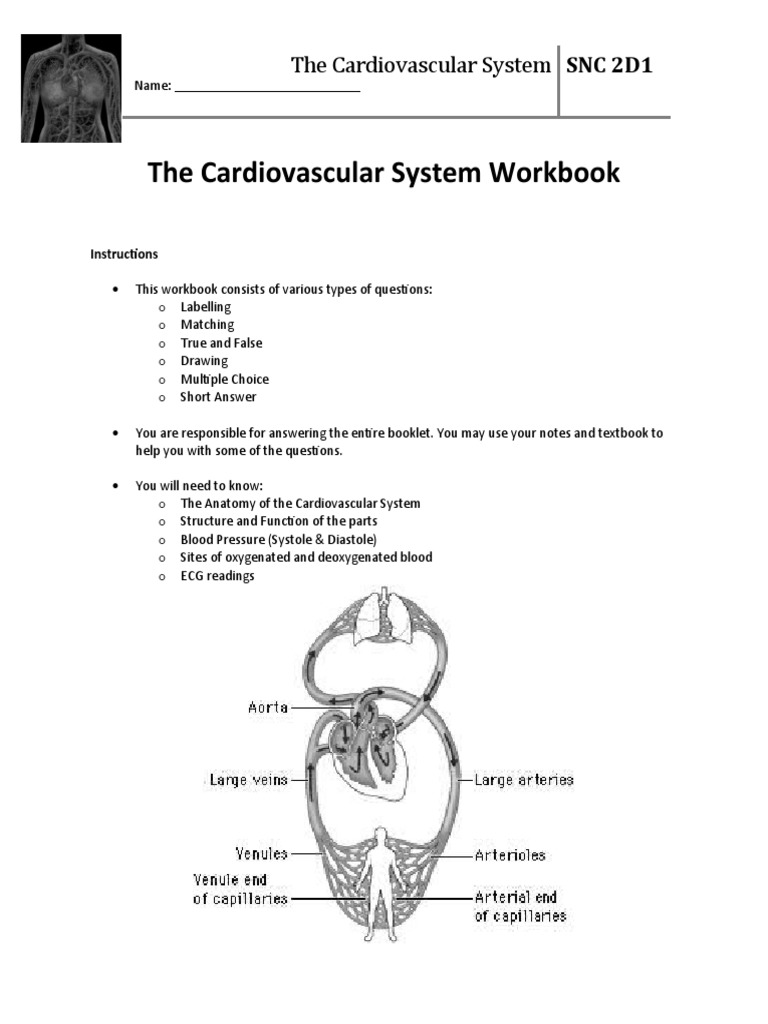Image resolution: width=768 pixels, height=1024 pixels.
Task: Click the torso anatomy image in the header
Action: pyautogui.click(x=71, y=88)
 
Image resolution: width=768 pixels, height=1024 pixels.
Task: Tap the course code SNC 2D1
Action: pyautogui.click(x=610, y=66)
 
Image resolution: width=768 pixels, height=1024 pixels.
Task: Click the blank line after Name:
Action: pyautogui.click(x=267, y=88)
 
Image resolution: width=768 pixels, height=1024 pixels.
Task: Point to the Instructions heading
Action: pyautogui.click(x=124, y=254)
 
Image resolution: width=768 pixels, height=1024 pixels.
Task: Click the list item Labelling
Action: pyautogui.click(x=205, y=307)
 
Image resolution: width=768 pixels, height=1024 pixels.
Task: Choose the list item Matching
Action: pyautogui.click(x=207, y=325)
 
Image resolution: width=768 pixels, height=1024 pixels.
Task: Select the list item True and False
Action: pyautogui.click(x=221, y=343)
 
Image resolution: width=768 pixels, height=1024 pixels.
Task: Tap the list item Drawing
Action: pyautogui.click(x=204, y=361)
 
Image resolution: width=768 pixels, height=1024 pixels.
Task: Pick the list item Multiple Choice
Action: pyautogui.click(x=224, y=379)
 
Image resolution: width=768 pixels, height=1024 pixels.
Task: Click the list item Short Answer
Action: pyautogui.click(x=218, y=397)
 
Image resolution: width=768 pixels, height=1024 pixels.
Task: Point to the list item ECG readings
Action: pyautogui.click(x=217, y=576)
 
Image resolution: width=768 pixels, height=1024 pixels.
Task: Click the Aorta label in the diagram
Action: pyautogui.click(x=267, y=708)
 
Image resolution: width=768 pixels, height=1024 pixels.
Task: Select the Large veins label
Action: pyautogui.click(x=248, y=779)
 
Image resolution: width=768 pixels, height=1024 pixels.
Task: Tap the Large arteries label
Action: pyautogui.click(x=524, y=779)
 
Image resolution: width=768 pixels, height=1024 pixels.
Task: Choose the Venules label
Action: pyautogui.click(x=261, y=854)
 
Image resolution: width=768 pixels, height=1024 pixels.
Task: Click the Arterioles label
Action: pyautogui.click(x=510, y=856)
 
